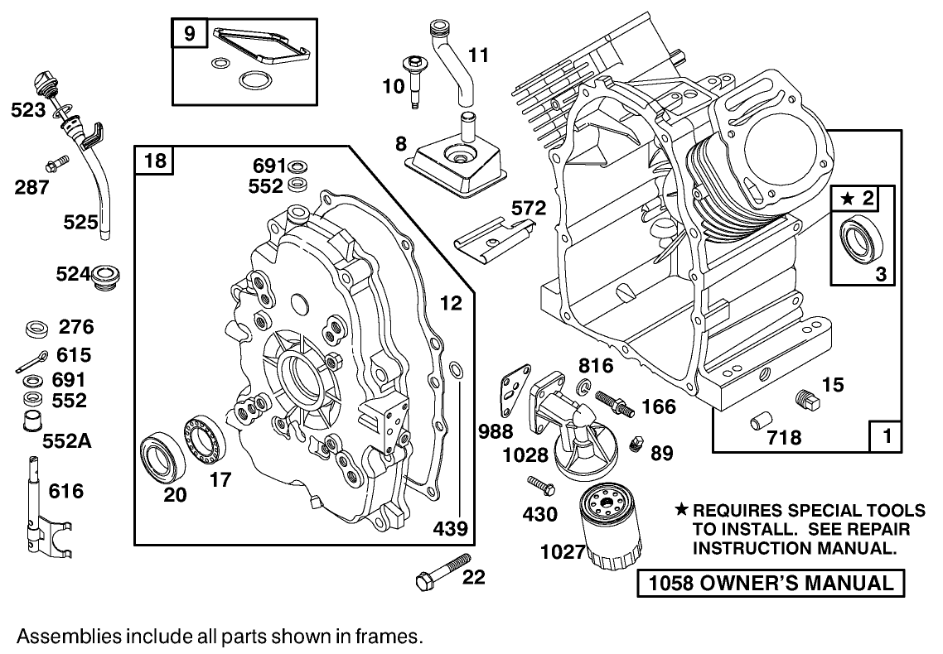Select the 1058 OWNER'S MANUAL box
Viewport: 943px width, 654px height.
coord(770,583)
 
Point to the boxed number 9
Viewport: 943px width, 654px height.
coord(190,34)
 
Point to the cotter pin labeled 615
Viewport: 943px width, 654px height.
coord(33,362)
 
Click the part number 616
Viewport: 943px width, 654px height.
coord(66,492)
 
